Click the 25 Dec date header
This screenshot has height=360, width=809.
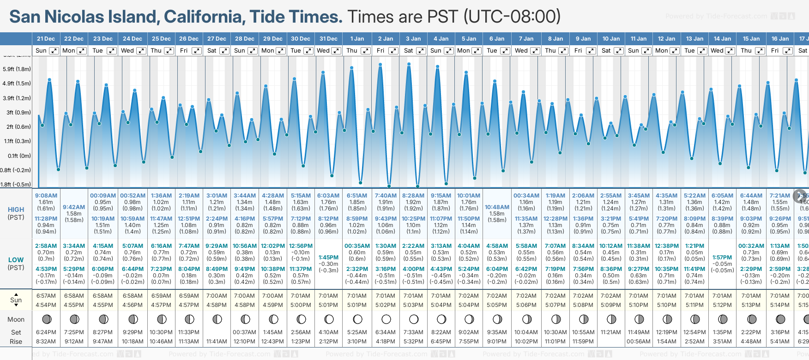(161, 39)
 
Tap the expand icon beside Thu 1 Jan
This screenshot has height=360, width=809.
(365, 51)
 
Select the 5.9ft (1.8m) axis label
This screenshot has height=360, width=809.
(17, 69)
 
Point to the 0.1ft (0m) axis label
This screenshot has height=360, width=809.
(19, 156)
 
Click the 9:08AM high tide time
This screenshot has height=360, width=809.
(46, 196)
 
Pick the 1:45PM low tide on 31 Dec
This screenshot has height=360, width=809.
(328, 258)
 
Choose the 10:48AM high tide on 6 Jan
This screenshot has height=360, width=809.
(497, 207)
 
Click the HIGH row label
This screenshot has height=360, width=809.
(16, 210)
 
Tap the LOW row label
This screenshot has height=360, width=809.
(16, 260)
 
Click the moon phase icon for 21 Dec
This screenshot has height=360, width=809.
(46, 319)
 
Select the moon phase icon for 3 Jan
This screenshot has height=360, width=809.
(414, 319)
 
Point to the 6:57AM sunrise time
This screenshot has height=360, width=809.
(46, 296)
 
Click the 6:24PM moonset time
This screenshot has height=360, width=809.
(46, 332)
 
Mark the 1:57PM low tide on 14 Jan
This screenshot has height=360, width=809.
(722, 258)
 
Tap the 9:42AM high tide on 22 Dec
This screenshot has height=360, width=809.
(74, 207)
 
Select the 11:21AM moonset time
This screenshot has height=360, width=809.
(610, 332)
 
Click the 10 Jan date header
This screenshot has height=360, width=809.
(611, 39)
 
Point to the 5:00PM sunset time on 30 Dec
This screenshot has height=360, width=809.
(301, 305)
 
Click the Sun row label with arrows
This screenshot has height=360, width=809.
(16, 300)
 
